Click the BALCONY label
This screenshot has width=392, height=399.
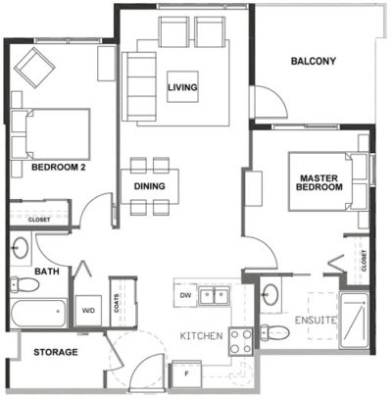(x=313, y=62)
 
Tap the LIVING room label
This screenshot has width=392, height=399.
(x=182, y=89)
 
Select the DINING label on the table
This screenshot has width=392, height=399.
(x=150, y=186)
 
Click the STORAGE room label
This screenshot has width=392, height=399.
(x=56, y=351)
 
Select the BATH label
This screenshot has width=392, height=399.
(x=47, y=272)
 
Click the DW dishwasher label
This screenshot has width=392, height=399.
(x=184, y=294)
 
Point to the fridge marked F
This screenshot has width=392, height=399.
(x=186, y=373)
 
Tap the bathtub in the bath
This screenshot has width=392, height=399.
(x=37, y=315)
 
